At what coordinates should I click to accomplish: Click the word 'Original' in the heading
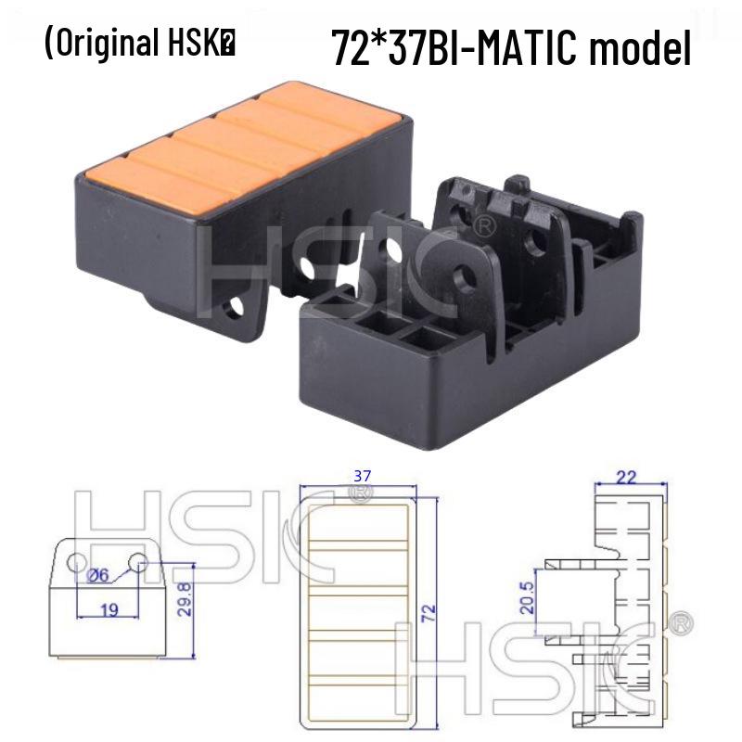(x=107, y=45)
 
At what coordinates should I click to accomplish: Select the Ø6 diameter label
(x=96, y=576)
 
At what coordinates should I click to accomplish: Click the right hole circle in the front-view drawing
(x=139, y=560)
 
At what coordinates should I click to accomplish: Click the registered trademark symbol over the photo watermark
(x=484, y=226)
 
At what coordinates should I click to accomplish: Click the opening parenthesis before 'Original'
(x=48, y=45)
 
